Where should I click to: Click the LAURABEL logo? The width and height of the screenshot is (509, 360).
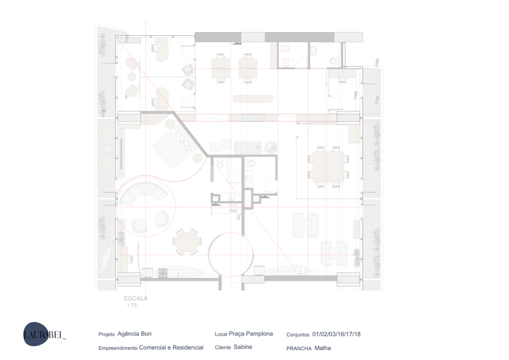(44, 334)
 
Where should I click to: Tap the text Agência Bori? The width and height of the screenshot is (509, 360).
(134, 334)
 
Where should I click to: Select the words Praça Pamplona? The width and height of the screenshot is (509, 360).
(251, 334)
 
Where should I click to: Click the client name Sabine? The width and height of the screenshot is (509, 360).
(243, 347)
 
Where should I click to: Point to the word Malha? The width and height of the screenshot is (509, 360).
(323, 348)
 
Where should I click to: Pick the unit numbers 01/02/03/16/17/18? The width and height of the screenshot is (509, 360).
(337, 334)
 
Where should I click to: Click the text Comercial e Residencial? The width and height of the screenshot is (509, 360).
(171, 348)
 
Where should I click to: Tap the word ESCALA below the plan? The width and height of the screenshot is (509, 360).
(136, 298)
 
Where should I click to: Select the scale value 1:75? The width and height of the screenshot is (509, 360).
(132, 305)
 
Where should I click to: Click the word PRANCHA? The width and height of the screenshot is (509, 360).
(299, 348)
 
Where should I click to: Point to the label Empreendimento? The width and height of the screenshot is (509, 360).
(118, 348)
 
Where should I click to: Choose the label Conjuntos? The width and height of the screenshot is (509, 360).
(298, 335)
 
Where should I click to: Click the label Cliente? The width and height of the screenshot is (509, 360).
(223, 348)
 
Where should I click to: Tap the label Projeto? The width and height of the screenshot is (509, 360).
(107, 334)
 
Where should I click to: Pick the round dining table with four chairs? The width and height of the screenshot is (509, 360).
(187, 242)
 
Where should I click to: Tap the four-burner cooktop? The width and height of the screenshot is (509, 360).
(163, 273)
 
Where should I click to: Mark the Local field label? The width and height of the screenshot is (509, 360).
(221, 334)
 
